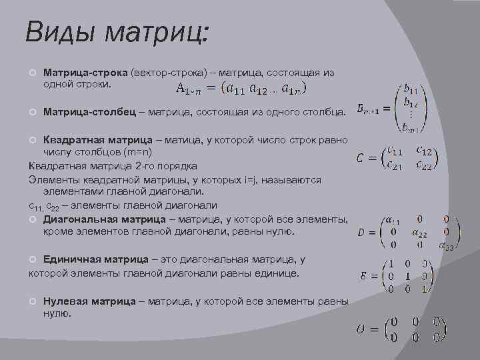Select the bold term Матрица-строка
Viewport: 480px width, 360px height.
click(85, 72)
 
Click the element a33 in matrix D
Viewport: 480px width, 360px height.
click(446, 247)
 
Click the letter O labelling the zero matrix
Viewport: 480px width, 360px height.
click(362, 331)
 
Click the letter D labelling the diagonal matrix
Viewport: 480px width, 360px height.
click(361, 233)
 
